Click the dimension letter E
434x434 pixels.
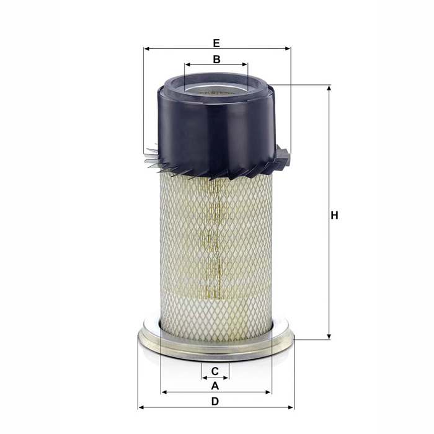coord(216,43)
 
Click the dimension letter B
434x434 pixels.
coord(216,60)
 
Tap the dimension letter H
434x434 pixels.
coord(334,216)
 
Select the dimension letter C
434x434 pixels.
coord(215,371)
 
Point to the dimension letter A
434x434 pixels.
coord(215,386)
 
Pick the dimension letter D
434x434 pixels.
coord(215,401)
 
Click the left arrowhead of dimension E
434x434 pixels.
coord(146,48)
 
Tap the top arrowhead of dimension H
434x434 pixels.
coord(329,88)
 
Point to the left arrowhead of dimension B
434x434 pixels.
coord(187,64)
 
